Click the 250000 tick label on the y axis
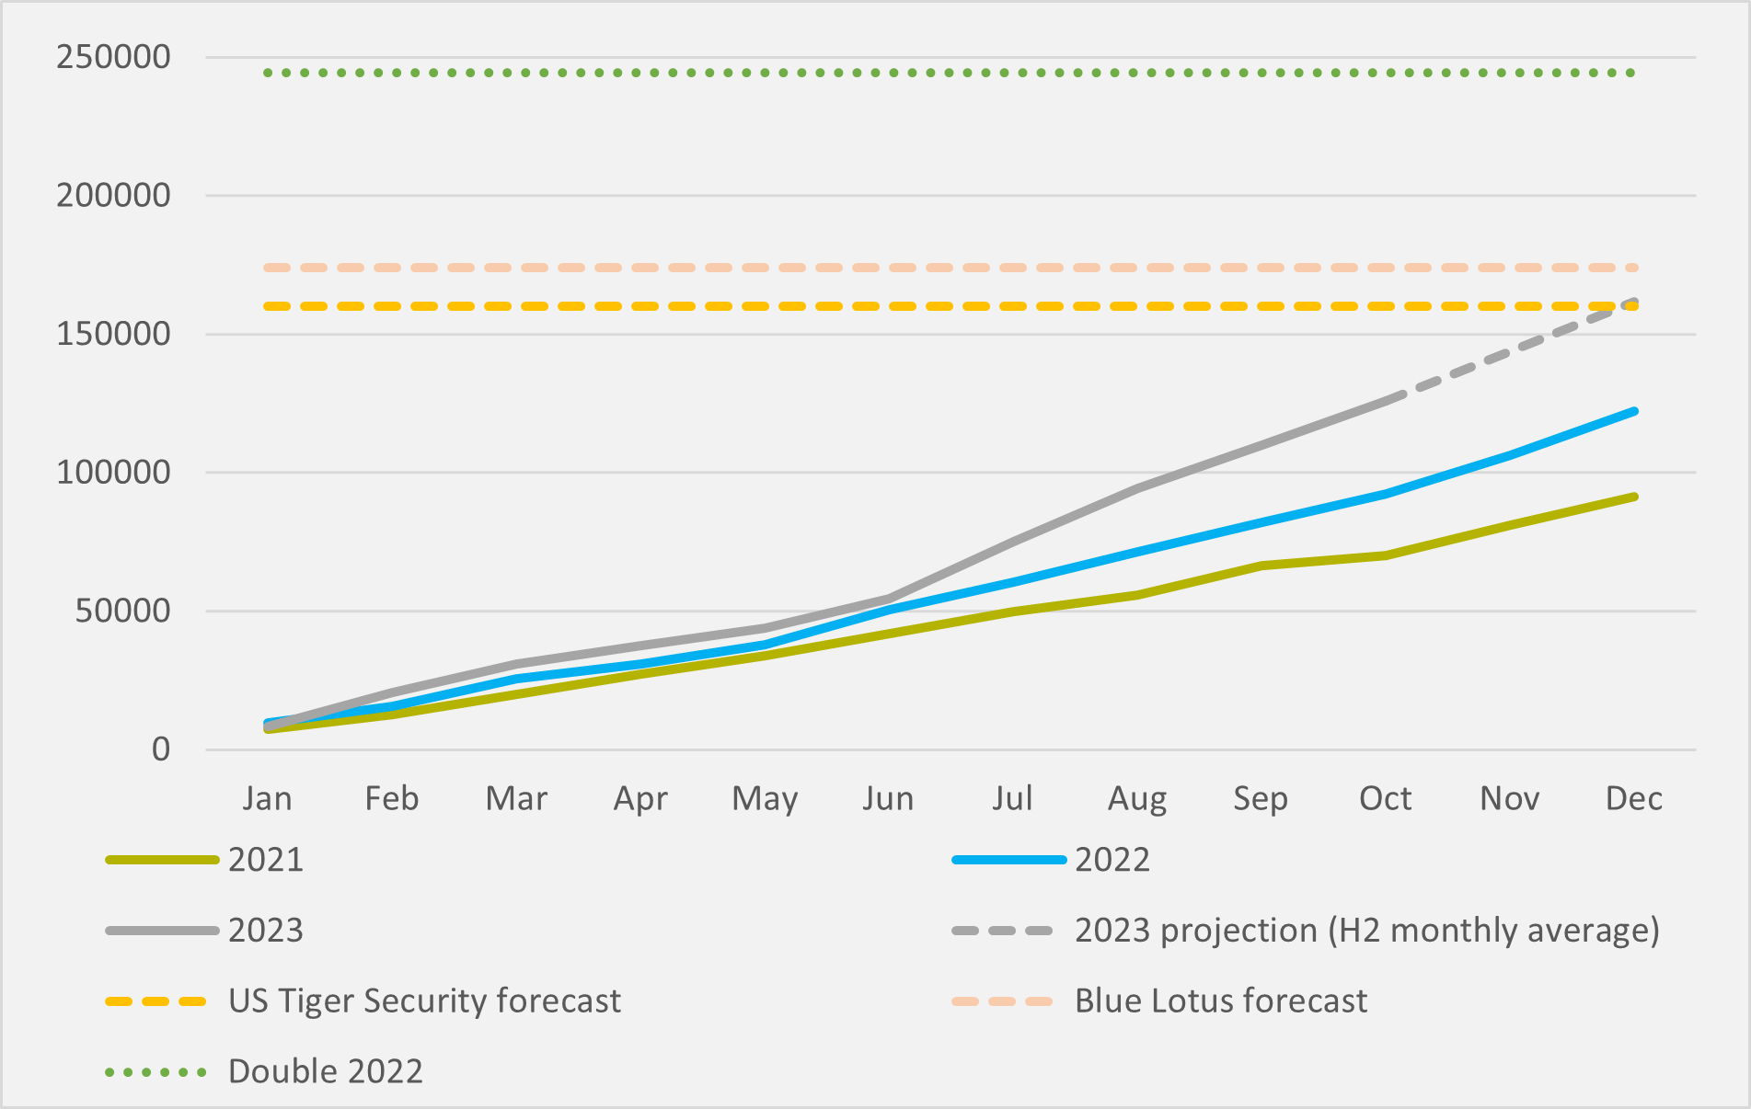113,57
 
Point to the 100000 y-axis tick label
113,473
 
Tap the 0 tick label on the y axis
161,749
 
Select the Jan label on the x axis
267,798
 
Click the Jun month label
888,798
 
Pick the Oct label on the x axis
1385,798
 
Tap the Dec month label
1633,798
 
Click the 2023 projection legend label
1367,931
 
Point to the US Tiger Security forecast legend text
424,1000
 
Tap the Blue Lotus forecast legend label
1221,1000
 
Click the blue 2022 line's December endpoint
1634,411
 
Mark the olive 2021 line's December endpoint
1634,497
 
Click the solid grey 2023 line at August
1137,489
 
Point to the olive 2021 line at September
1261,566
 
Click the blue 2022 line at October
1386,494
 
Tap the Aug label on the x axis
1137,798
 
